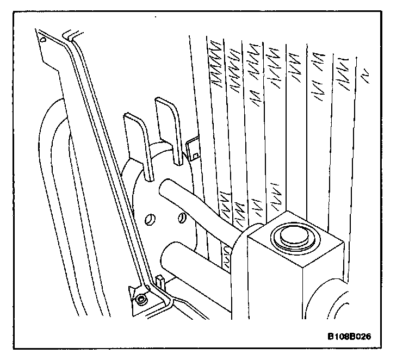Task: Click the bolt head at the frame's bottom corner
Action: point(142,299)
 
